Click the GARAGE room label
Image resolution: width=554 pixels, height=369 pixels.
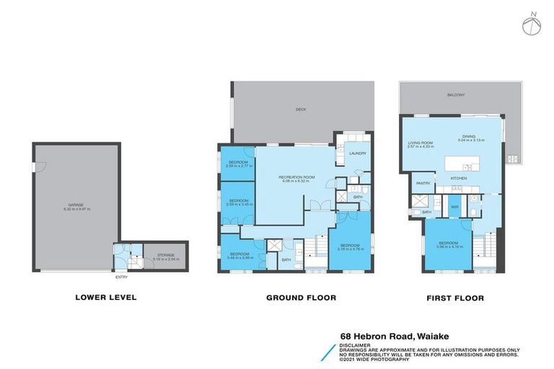(x=76, y=205)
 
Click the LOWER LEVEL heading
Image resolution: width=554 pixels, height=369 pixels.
(x=105, y=297)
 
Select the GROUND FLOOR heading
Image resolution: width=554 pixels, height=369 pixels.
(x=301, y=297)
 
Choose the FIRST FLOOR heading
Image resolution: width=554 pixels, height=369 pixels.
(x=454, y=297)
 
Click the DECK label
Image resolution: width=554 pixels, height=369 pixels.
(x=301, y=110)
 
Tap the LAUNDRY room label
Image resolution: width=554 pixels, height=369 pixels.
(x=358, y=153)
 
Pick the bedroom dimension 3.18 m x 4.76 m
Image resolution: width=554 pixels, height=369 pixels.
(x=353, y=249)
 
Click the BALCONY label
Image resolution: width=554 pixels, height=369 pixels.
(x=455, y=95)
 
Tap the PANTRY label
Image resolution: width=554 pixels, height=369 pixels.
(x=423, y=183)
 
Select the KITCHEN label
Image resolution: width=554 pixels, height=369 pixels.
(x=459, y=177)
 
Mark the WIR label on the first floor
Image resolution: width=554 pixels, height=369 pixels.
(x=455, y=206)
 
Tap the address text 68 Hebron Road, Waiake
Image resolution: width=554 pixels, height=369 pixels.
(x=395, y=335)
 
